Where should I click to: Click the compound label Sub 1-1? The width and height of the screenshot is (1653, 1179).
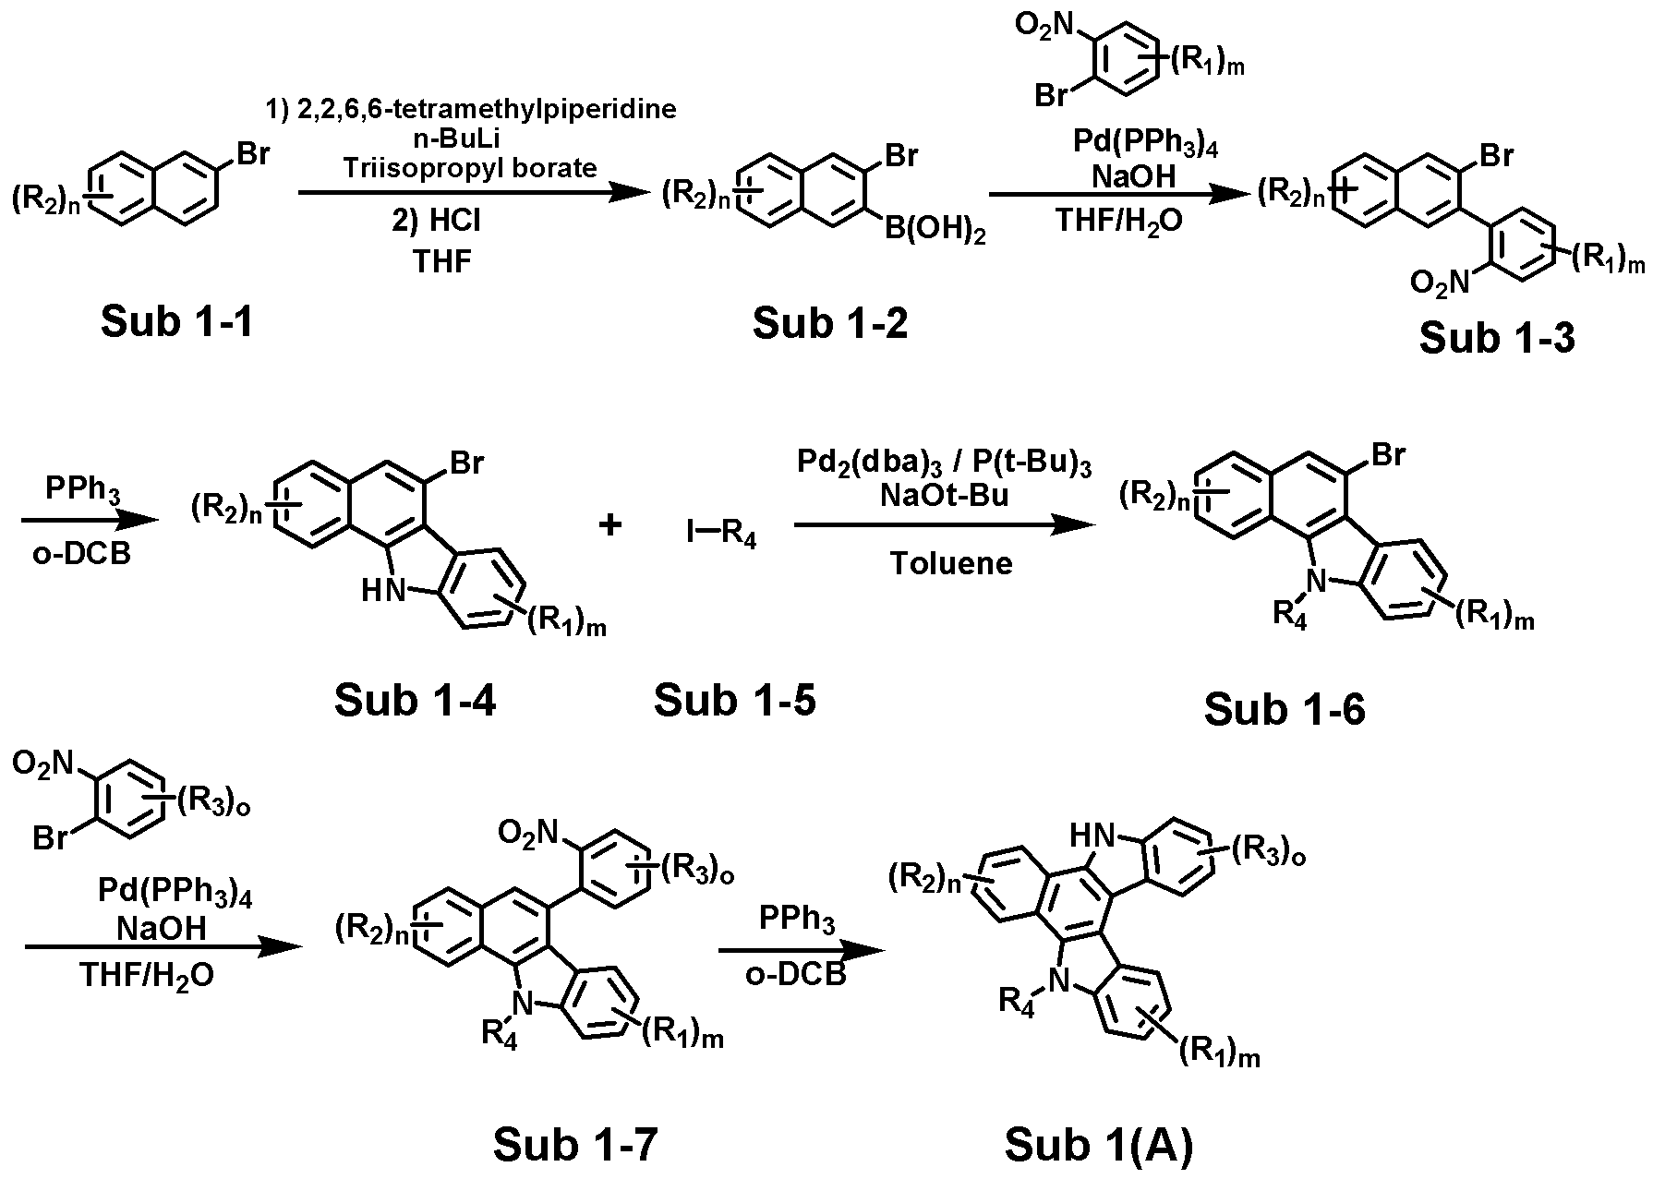pos(176,322)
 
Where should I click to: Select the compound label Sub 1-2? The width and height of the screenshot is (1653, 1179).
pos(830,322)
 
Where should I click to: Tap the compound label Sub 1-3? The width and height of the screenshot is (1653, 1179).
pos(1497,338)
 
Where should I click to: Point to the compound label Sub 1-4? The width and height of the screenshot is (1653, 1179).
pos(415,701)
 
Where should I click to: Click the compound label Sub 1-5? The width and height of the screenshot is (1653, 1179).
pos(735,701)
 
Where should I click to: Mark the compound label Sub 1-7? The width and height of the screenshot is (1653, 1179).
pos(575,1146)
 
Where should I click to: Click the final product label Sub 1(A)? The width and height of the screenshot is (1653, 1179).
pos(1099,1146)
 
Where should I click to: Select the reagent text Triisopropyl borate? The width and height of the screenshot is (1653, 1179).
pos(469,168)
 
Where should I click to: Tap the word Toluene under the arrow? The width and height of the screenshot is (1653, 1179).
pos(951,563)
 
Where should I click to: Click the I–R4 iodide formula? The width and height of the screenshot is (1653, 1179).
pos(721,535)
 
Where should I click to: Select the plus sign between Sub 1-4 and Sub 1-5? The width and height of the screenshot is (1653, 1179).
pos(610,525)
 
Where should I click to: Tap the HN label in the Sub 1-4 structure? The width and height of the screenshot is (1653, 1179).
pos(382,591)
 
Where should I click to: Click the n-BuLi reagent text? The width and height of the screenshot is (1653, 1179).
pos(469,139)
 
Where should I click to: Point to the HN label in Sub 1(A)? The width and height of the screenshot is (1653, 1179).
pos(1091,836)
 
